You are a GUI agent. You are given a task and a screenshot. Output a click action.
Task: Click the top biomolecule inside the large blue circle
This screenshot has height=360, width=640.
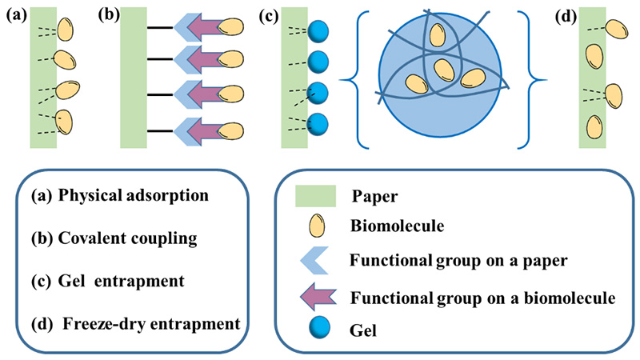tap(437, 35)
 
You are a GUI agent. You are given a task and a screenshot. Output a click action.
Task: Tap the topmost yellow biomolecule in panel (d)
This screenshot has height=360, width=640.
tap(615, 28)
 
